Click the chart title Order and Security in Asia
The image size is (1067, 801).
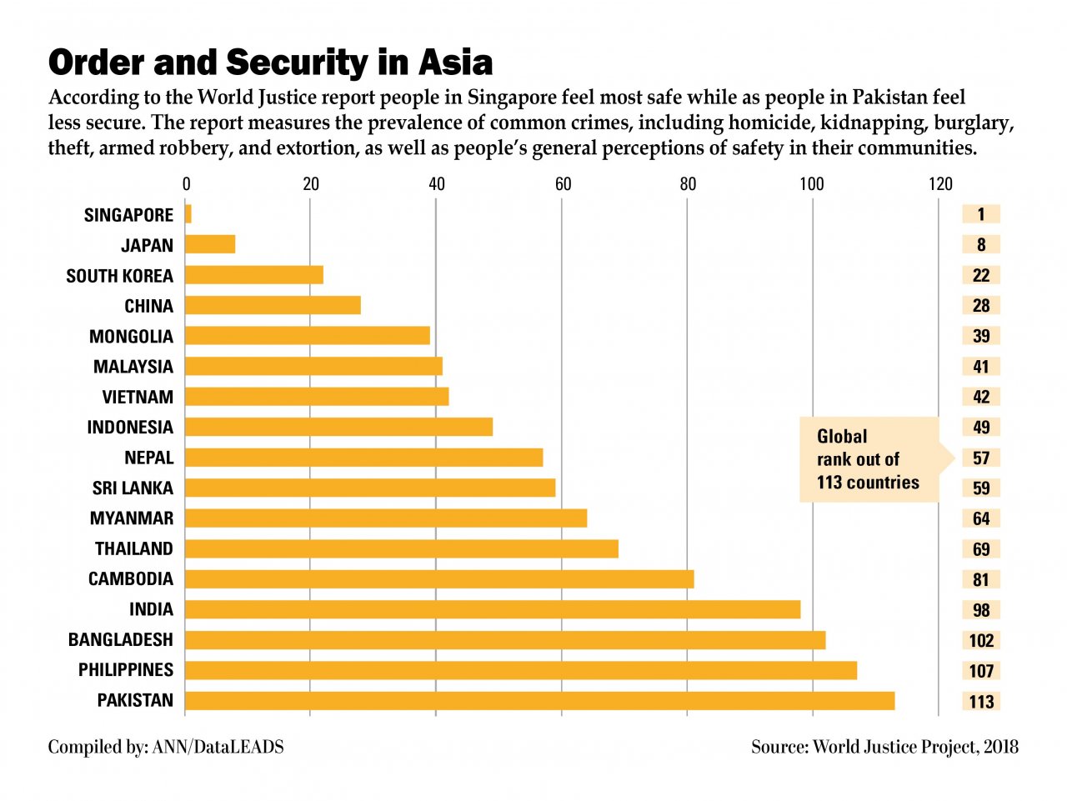point(270,63)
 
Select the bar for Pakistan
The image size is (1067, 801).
point(539,701)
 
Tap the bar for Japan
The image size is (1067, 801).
point(210,244)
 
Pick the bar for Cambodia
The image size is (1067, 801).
point(439,579)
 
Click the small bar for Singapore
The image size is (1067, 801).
point(188,214)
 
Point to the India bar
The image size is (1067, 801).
point(493,609)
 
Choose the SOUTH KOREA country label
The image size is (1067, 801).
point(120,276)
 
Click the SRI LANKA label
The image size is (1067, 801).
point(133,488)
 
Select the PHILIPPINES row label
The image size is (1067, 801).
point(126,670)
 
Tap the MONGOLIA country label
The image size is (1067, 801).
point(131,337)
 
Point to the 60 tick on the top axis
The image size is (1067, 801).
point(563,184)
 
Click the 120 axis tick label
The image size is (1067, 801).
point(940,184)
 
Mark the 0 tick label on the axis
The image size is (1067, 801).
point(186,184)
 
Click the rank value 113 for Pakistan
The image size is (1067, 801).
point(981,702)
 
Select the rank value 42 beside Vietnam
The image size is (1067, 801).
point(981,398)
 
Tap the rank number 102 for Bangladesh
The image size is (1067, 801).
point(981,641)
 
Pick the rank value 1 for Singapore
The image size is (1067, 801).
point(981,214)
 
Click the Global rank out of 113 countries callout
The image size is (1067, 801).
point(869,459)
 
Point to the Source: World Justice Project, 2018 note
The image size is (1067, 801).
point(884,747)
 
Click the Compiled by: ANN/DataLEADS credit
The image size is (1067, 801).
point(166,747)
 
